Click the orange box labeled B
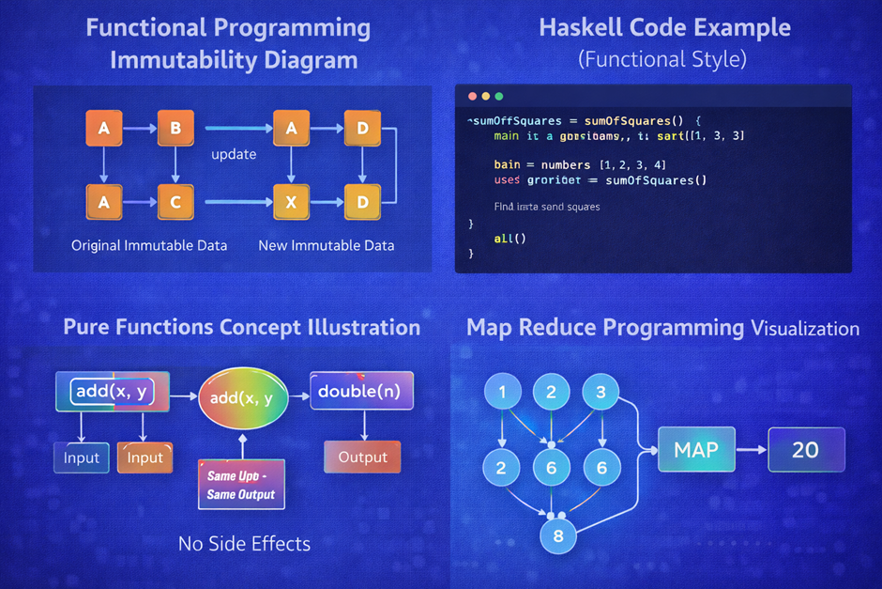(175, 129)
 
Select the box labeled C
(175, 201)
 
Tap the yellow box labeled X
(291, 201)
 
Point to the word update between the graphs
(234, 154)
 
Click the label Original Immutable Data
(149, 245)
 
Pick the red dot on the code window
(471, 97)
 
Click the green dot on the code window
(499, 97)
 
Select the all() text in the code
(509, 239)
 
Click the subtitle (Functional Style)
(662, 59)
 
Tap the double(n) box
(361, 392)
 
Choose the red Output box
(362, 457)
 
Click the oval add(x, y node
(242, 398)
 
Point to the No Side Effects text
(244, 543)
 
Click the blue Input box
(82, 457)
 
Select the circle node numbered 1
(503, 393)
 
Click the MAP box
(696, 450)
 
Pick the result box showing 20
(806, 450)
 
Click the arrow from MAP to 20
(751, 450)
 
